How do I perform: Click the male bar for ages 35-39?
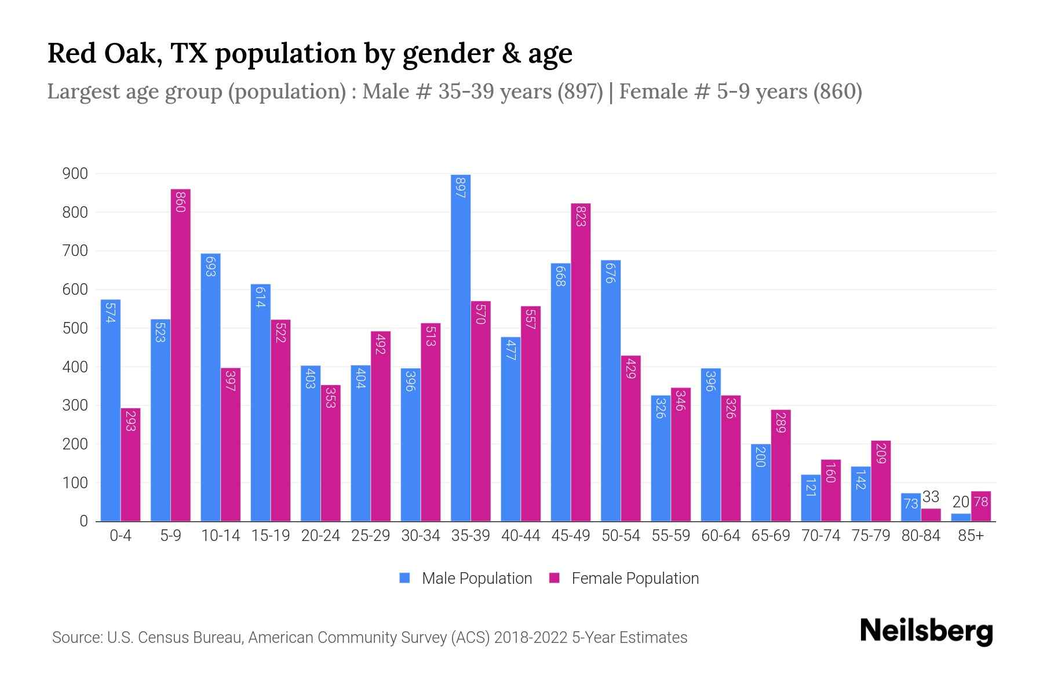click(x=461, y=348)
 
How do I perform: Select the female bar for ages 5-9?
click(x=181, y=355)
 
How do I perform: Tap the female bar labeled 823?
click(x=581, y=362)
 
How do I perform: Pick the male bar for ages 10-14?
click(x=210, y=387)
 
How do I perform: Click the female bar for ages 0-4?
click(x=130, y=464)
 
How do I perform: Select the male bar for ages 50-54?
click(x=611, y=390)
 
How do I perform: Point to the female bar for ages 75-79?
click(x=881, y=481)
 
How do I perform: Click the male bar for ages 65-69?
click(x=761, y=482)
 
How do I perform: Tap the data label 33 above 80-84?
click(x=931, y=497)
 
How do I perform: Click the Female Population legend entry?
click(x=624, y=579)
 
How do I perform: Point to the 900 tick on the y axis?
click(x=75, y=174)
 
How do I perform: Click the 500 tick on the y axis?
click(x=75, y=328)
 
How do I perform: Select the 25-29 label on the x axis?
click(x=371, y=536)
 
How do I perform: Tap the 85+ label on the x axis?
click(x=971, y=536)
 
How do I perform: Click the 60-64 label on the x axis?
click(x=720, y=536)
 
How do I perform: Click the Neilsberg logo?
click(x=926, y=631)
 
